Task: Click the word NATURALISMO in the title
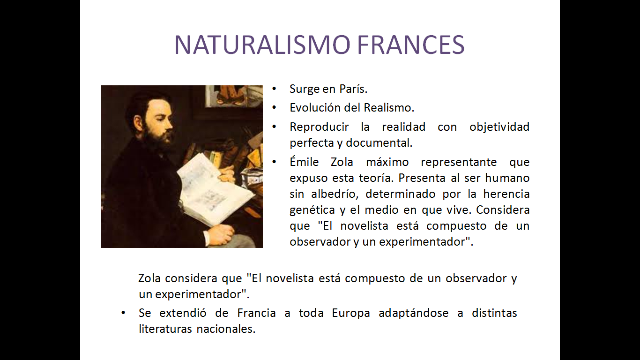click(262, 45)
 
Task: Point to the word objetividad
click(499, 127)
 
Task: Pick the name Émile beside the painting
click(304, 162)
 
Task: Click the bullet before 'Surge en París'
click(275, 89)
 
